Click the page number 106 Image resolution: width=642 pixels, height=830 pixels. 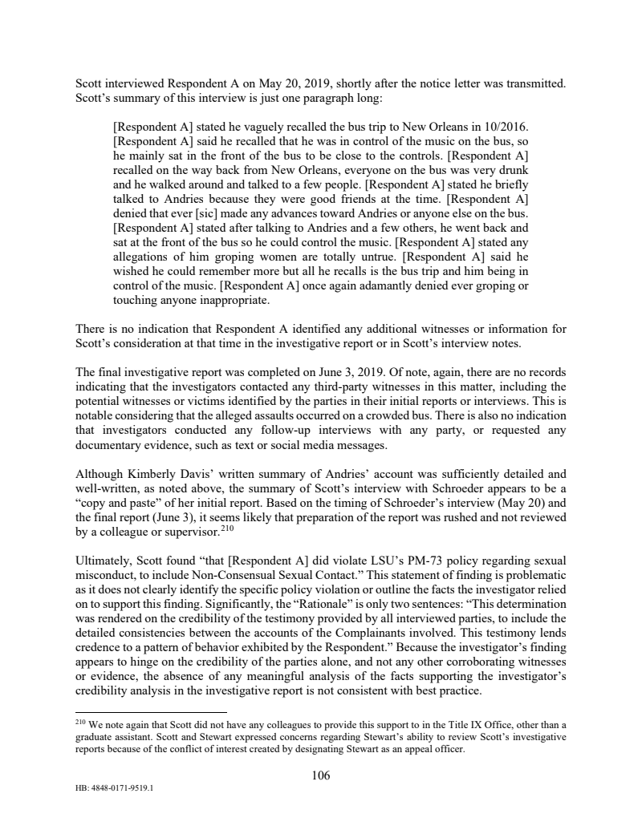[x=321, y=775]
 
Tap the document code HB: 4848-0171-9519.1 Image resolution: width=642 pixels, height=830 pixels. [x=113, y=787]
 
